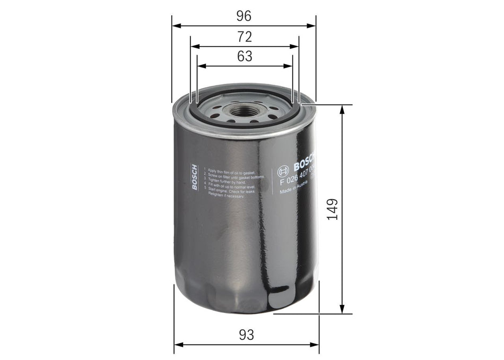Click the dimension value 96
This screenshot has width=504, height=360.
tap(244, 16)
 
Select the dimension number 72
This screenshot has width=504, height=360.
tap(244, 37)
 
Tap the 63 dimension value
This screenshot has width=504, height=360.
tap(245, 56)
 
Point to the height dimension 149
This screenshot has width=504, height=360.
tap(333, 209)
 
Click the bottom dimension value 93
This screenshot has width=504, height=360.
tap(246, 335)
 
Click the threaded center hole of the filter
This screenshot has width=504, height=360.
tap(245, 111)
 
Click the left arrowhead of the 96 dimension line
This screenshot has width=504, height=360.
tap(176, 24)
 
